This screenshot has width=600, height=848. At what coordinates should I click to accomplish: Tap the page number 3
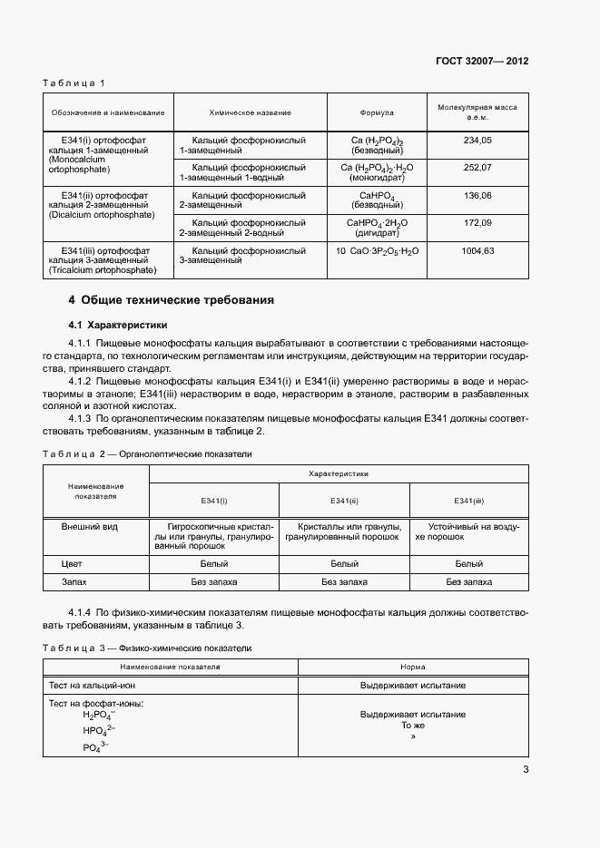point(526,770)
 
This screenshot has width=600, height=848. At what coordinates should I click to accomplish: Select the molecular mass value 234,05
point(477,141)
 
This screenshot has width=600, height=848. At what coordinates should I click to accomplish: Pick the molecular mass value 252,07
point(477,168)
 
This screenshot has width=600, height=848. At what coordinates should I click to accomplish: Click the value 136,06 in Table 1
point(477,195)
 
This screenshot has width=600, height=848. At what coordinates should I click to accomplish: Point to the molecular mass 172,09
point(477,222)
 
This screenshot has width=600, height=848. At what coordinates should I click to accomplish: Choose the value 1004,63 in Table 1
point(477,250)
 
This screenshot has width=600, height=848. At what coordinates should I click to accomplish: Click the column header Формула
point(377,112)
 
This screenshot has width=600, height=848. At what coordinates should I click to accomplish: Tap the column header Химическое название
point(250,112)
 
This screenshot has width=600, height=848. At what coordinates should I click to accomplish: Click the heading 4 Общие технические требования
point(171,300)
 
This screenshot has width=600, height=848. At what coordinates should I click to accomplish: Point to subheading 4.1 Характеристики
point(120,324)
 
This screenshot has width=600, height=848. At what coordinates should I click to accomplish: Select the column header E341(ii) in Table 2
point(344,501)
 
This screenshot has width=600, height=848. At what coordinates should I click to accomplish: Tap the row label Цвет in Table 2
point(72,563)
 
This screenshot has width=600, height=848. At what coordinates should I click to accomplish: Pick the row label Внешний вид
point(89,526)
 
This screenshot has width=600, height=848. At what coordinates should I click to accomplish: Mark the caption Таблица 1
point(74,83)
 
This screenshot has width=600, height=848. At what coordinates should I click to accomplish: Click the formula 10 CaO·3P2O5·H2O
point(377,250)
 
